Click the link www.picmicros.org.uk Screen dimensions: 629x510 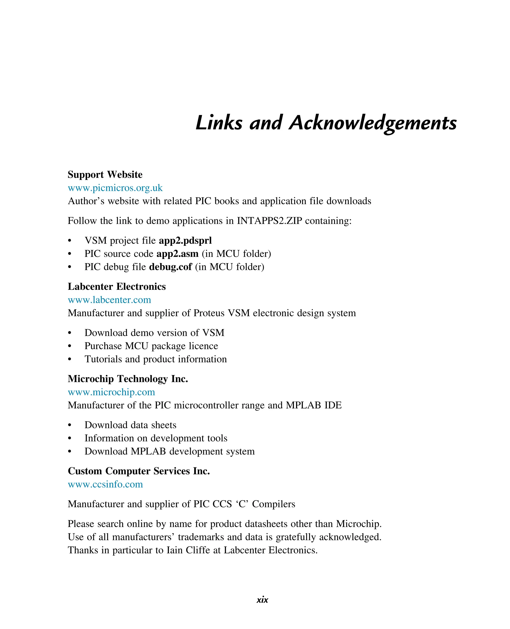115,188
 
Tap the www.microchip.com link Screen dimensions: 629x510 111,392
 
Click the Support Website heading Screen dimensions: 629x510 105,175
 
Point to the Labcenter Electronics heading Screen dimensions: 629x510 117,286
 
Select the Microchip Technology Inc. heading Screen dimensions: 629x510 128,379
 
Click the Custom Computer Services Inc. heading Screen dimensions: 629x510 139,471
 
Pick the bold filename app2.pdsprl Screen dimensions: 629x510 185,241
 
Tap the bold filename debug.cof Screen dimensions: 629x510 170,267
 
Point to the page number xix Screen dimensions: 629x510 262,600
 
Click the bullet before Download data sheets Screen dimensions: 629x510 70,425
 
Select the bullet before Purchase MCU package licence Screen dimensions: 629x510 70,346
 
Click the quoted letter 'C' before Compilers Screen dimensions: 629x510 242,504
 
